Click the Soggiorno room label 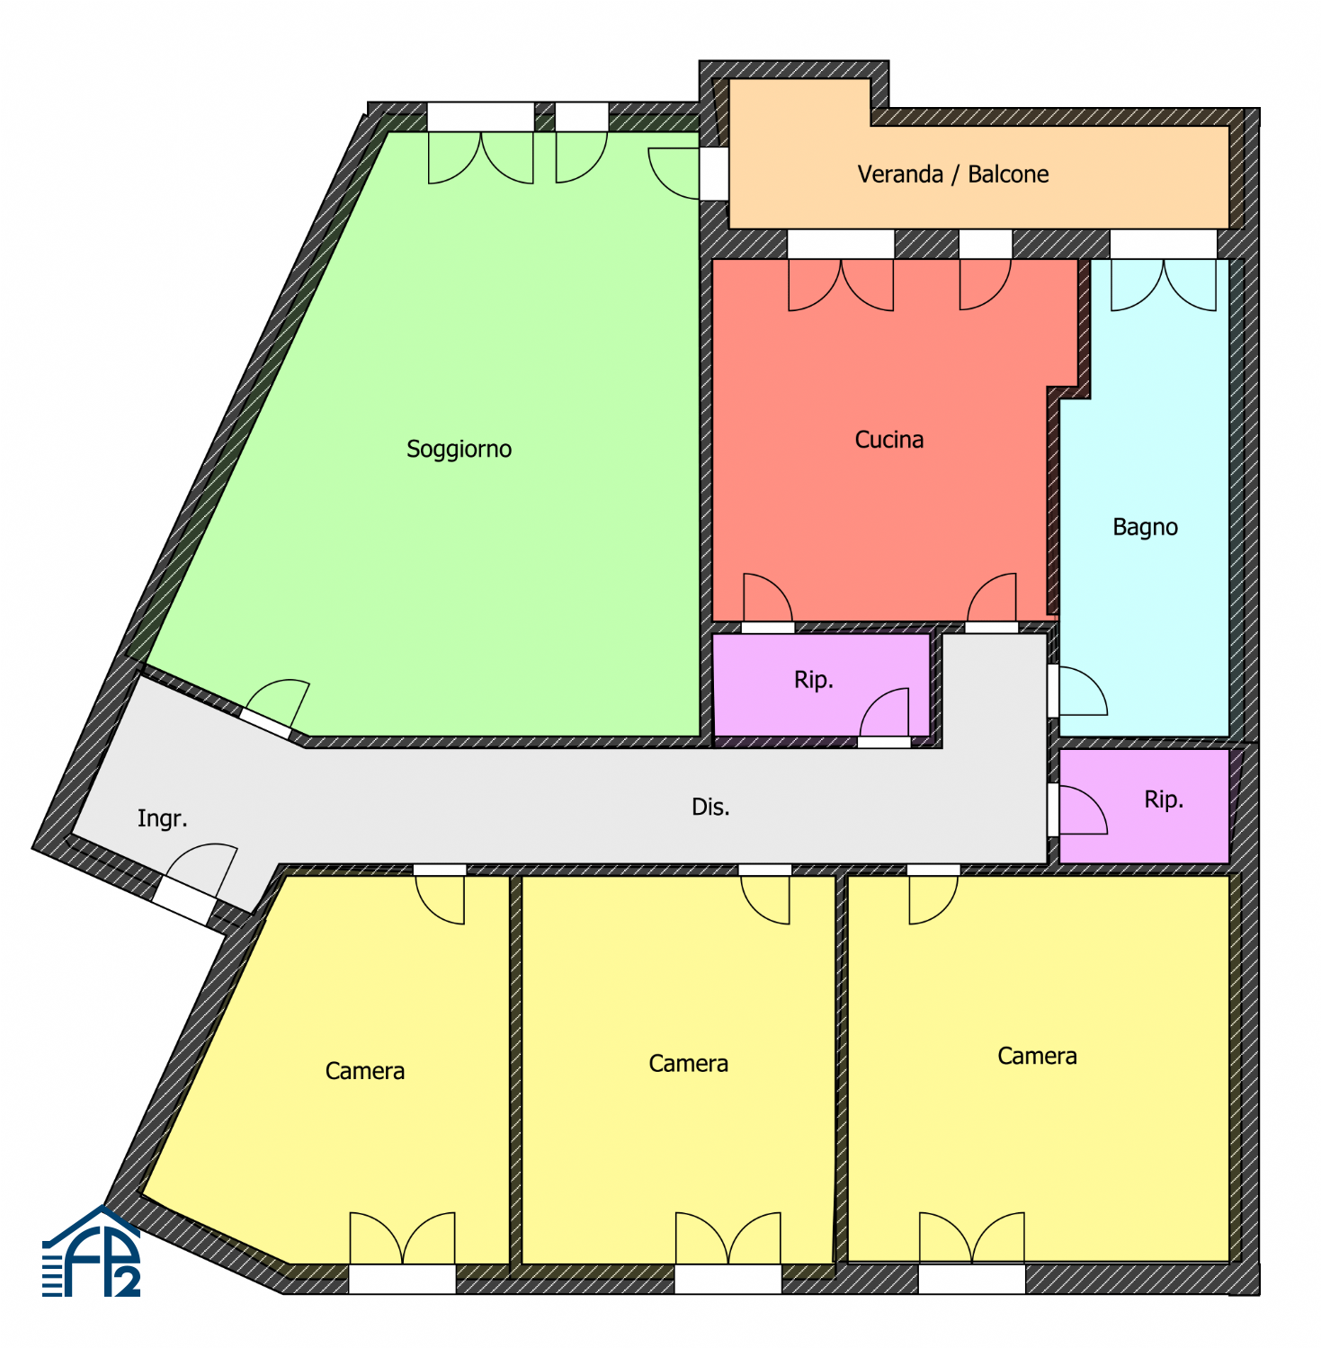[459, 449]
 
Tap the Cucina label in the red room [889, 440]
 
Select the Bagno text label [1145, 527]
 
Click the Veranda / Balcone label [953, 174]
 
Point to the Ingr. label [162, 818]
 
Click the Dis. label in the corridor [710, 807]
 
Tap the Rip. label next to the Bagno [1164, 799]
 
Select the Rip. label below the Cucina [814, 680]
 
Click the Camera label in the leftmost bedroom [365, 1071]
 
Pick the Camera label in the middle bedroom [688, 1064]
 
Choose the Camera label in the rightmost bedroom [1037, 1056]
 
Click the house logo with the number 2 [92, 1253]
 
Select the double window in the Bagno [1164, 285]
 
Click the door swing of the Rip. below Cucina [884, 712]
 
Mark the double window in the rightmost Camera [971, 1237]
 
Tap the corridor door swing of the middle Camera [765, 900]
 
